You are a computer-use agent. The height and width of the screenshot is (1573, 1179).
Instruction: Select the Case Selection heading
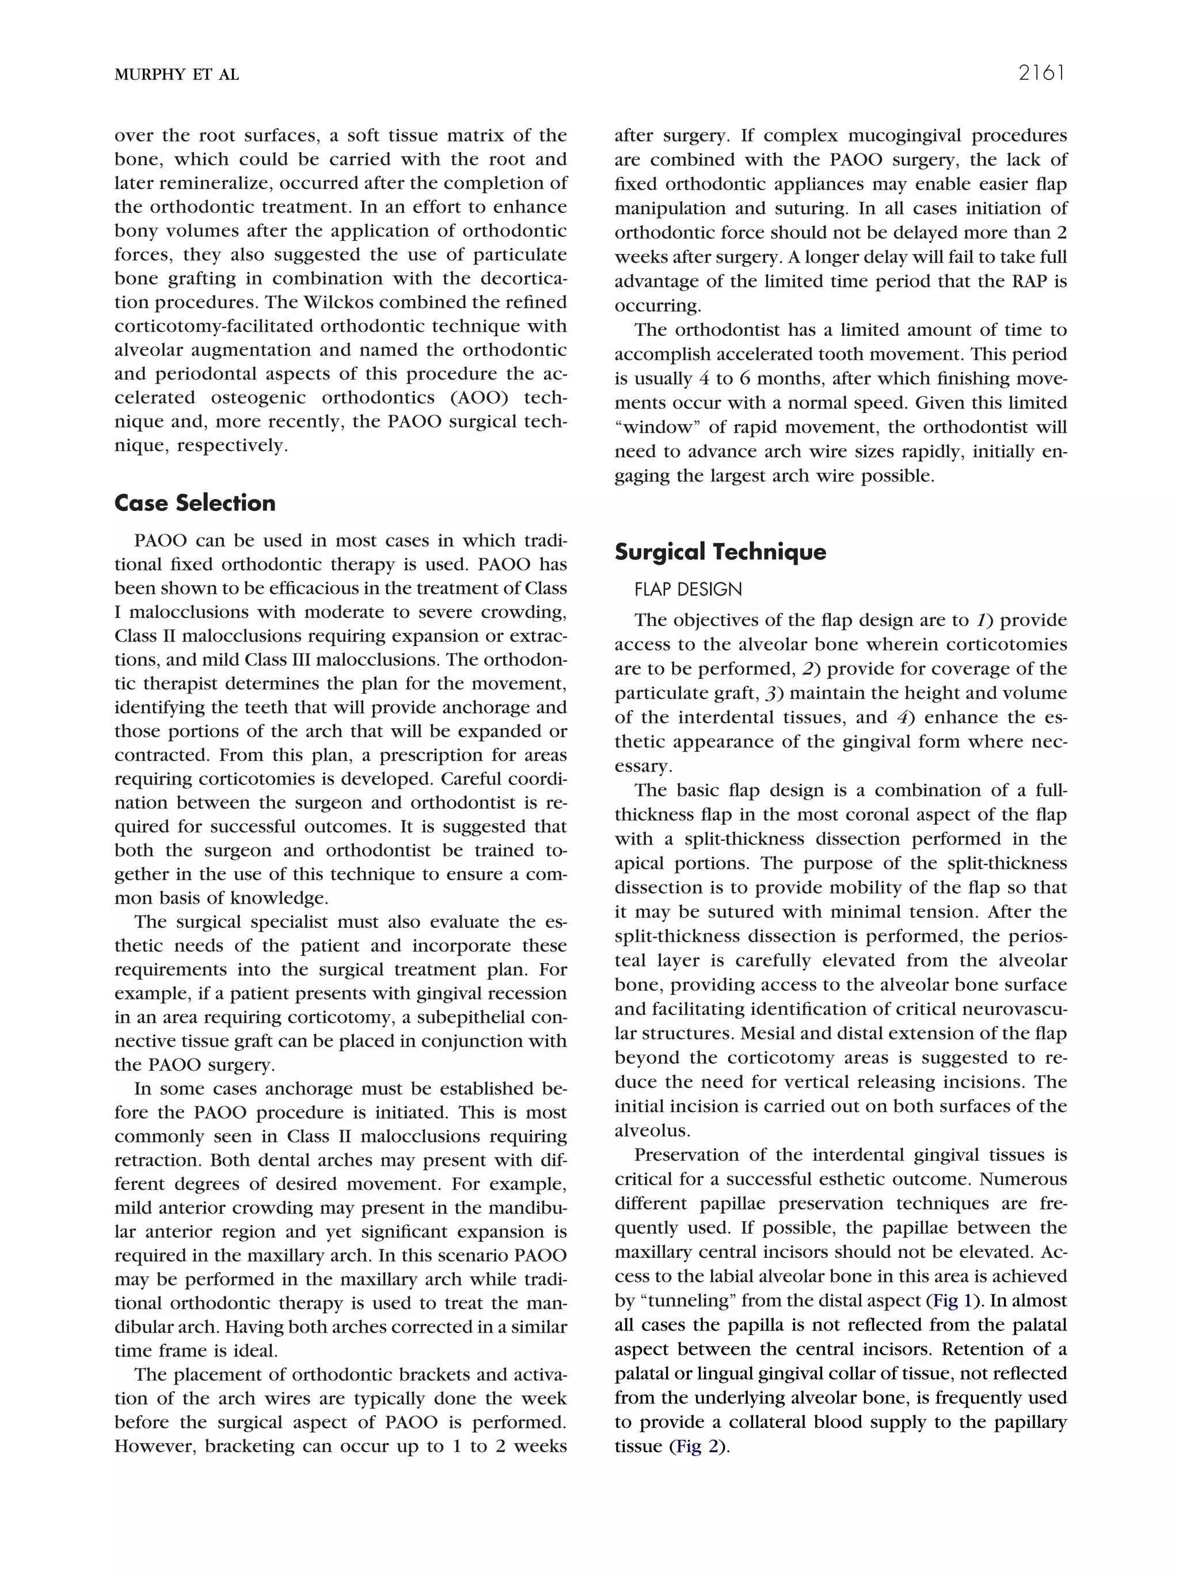(x=195, y=503)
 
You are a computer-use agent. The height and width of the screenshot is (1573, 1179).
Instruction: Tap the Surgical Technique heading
(x=720, y=551)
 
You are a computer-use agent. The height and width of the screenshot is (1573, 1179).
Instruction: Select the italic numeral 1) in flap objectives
(x=983, y=620)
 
